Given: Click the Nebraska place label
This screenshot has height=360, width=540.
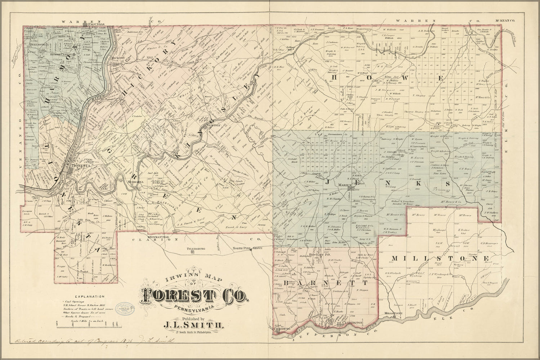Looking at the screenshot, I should point(136,183).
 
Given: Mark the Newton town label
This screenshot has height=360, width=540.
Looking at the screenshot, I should point(213,125).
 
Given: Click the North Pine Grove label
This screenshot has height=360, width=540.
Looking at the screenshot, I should point(247,248).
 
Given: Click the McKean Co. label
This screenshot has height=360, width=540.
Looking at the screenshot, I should point(505,21).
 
